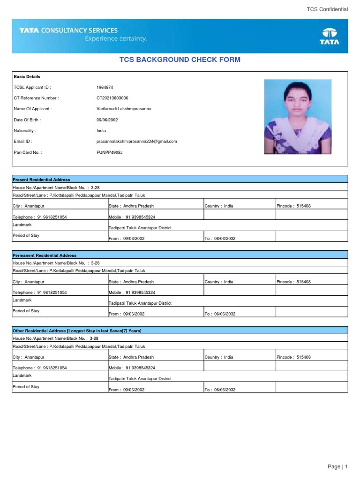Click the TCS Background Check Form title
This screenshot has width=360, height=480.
[180, 60]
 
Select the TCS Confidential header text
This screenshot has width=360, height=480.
[327, 9]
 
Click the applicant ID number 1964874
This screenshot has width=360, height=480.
[105, 87]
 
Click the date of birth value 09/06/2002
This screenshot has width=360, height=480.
[107, 120]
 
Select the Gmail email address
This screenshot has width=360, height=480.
[136, 141]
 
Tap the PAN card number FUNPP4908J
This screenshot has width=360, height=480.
[109, 152]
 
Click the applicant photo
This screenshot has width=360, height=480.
[298, 117]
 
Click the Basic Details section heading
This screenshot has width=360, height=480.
[27, 76]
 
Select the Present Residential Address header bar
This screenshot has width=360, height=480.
[180, 180]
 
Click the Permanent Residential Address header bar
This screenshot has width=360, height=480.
[180, 255]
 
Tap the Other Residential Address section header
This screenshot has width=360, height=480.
[180, 331]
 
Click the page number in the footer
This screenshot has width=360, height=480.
[338, 466]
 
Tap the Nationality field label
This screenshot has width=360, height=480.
[25, 131]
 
